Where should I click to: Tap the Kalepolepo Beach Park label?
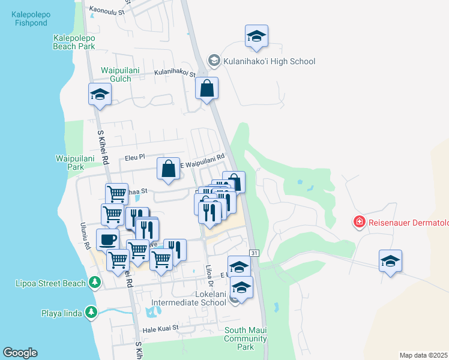(x=74, y=42)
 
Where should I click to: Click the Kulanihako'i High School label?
(x=269, y=61)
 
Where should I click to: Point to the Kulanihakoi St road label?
(x=175, y=73)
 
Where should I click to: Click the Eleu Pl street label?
(x=135, y=157)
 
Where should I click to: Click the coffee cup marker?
(x=107, y=239)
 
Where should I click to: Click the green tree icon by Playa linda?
(x=91, y=312)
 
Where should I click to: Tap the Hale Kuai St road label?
(x=160, y=328)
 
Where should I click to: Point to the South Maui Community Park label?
(x=246, y=338)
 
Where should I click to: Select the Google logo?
(x=20, y=353)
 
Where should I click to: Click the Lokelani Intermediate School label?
(x=202, y=298)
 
